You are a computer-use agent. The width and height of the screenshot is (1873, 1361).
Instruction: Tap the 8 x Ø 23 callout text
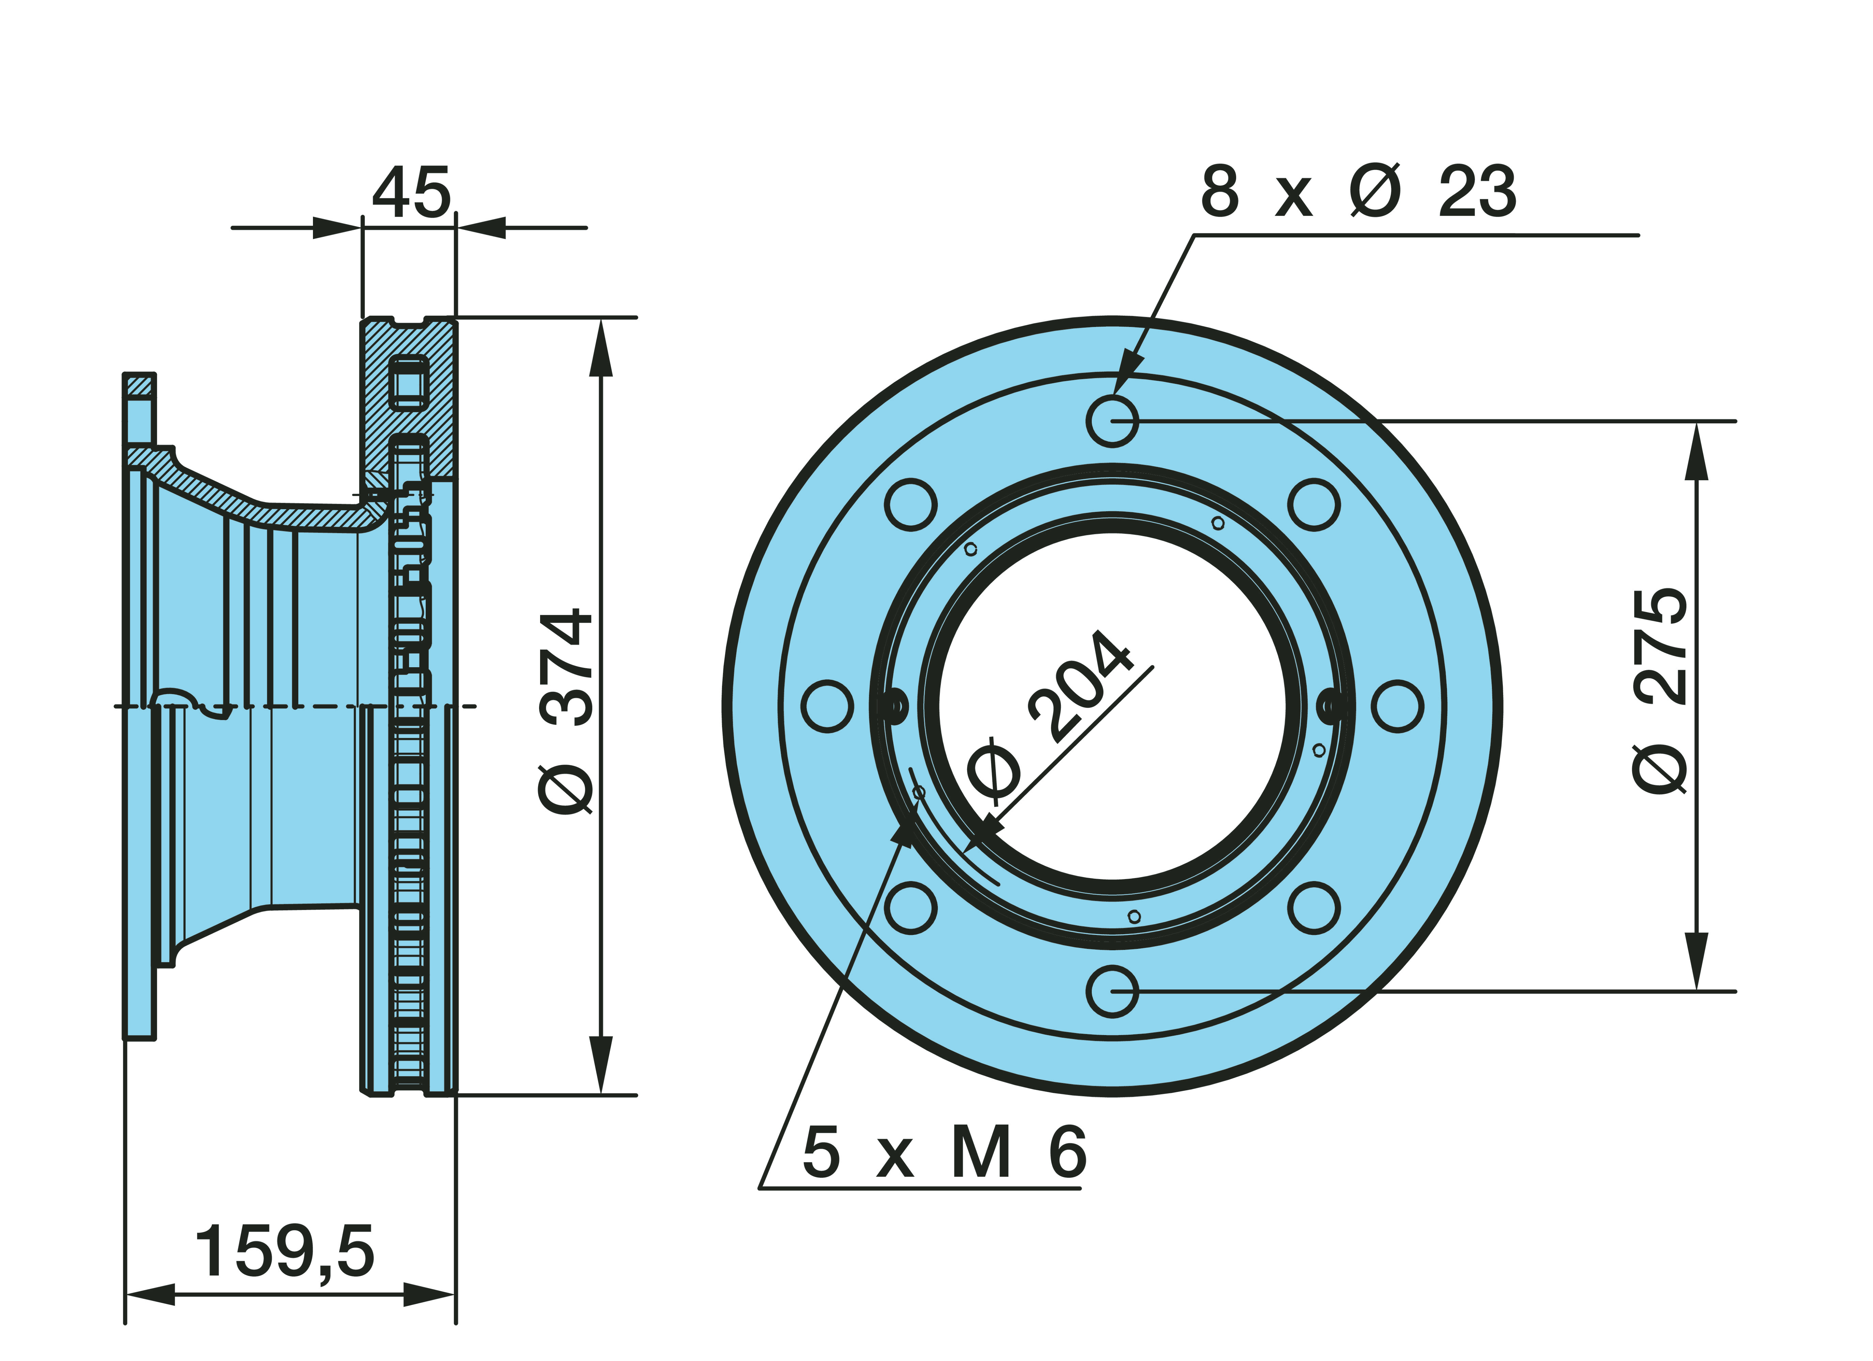pyautogui.click(x=1358, y=192)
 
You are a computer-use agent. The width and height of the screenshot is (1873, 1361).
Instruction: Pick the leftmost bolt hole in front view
pyautogui.click(x=828, y=706)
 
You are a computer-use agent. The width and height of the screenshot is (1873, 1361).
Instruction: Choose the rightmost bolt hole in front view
pyautogui.click(x=1397, y=706)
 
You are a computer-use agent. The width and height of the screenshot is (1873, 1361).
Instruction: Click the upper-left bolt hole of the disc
pyautogui.click(x=911, y=504)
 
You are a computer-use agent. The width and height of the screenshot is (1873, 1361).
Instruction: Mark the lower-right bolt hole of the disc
pyautogui.click(x=1314, y=908)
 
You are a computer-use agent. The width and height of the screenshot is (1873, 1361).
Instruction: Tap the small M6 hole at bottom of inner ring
pyautogui.click(x=1134, y=917)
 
